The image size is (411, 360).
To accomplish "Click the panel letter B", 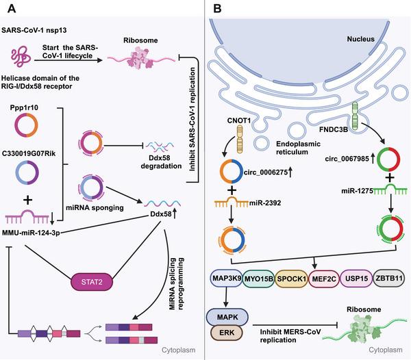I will (218, 10).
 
